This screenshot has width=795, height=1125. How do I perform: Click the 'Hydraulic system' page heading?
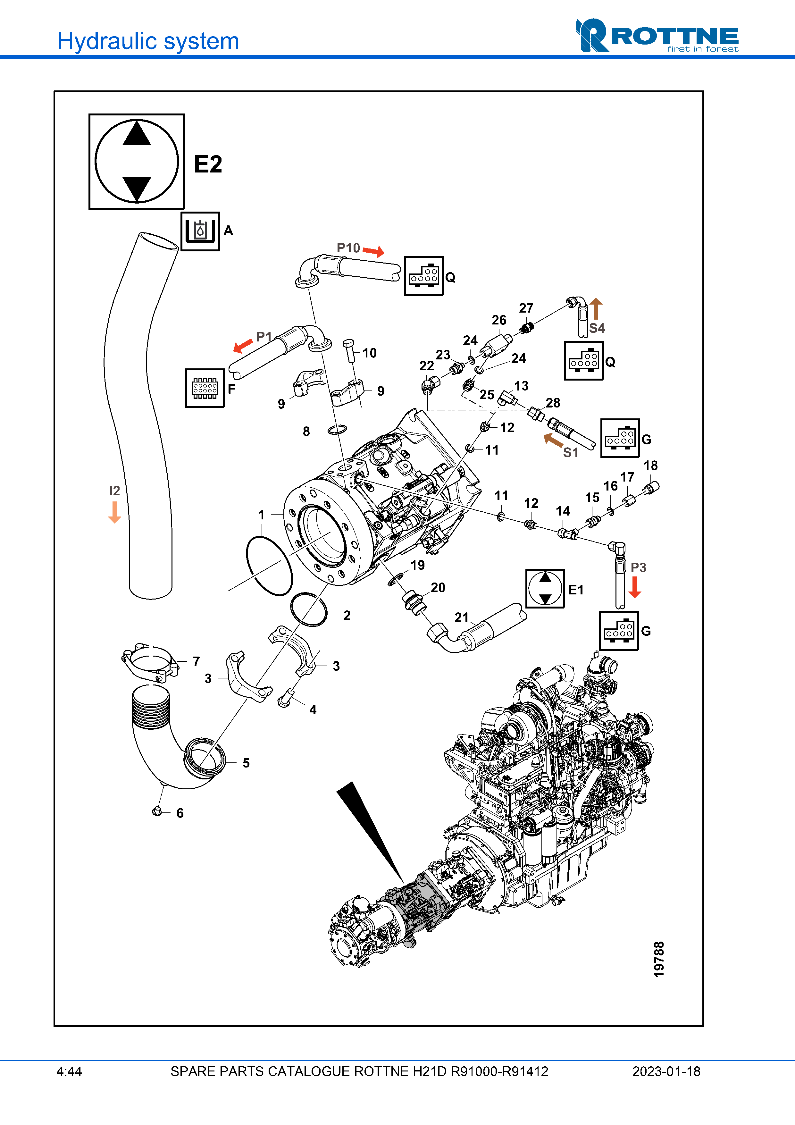click(148, 41)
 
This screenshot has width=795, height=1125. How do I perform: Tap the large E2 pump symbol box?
click(137, 162)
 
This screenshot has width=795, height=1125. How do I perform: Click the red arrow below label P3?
click(635, 587)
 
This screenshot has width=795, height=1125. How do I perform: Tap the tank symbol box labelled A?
click(200, 231)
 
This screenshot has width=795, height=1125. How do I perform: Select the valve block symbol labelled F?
click(205, 388)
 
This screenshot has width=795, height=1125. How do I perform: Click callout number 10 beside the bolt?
click(369, 353)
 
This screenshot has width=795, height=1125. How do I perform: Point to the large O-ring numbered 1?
click(269, 566)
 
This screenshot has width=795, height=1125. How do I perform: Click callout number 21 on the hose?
click(461, 617)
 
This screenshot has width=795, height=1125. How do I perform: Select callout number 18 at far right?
click(650, 466)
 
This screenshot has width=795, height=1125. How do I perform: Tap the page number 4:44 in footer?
click(69, 1071)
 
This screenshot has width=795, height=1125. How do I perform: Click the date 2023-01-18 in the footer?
click(666, 1071)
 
